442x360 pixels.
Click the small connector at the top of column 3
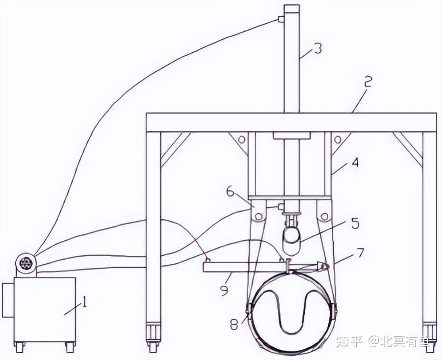click(x=281, y=19)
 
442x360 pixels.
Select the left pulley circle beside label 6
click(x=258, y=216)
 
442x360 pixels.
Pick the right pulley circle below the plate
click(x=325, y=216)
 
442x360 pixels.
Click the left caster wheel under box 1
click(x=19, y=347)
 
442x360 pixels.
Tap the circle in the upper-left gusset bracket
click(x=241, y=140)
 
